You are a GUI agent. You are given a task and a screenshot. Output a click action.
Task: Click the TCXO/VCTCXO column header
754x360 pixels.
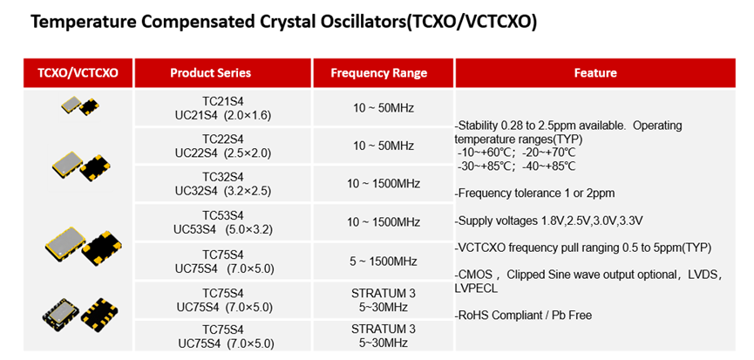(78, 73)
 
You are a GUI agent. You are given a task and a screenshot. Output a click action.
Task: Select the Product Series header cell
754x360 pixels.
(210, 73)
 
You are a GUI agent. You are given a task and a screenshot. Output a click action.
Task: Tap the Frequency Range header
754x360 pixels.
(378, 73)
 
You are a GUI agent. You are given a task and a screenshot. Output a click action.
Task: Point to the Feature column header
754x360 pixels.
(595, 73)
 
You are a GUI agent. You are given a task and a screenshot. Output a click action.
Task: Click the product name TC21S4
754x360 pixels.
(223, 101)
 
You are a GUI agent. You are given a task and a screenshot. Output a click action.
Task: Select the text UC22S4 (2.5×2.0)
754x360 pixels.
(223, 153)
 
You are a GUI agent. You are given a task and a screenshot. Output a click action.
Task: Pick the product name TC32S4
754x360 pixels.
(223, 178)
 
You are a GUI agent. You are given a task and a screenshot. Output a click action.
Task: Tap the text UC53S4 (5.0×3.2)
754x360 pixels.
(223, 230)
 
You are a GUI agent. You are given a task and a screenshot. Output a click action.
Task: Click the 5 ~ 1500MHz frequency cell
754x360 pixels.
(384, 262)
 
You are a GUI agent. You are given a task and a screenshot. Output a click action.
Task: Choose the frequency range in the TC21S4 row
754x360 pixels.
(384, 108)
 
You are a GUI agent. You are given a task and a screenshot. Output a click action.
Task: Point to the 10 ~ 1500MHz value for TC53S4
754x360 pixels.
(384, 222)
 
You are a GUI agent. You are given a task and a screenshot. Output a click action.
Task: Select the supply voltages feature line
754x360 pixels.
(548, 221)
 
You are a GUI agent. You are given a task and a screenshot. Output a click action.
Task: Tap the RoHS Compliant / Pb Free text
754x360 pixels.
(523, 316)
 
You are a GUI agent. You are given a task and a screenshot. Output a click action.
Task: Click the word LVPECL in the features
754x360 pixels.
(476, 289)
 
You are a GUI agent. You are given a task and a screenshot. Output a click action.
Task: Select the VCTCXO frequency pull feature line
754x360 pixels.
(583, 248)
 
